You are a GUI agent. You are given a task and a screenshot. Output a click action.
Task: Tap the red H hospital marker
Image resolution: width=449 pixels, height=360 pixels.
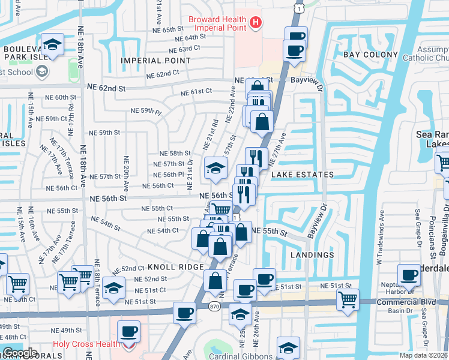pyautogui.click(x=256, y=23)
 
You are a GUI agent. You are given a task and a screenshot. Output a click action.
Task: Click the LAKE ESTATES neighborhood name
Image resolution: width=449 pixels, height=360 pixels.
pyautogui.click(x=302, y=175)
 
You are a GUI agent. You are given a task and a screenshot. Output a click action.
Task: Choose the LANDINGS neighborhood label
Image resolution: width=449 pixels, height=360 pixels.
pyautogui.click(x=312, y=255)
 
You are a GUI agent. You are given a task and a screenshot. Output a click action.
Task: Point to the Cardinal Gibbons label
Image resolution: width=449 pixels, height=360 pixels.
pyautogui.click(x=240, y=356)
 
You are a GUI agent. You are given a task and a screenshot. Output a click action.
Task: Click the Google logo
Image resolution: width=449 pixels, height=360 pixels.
pyautogui.click(x=20, y=353)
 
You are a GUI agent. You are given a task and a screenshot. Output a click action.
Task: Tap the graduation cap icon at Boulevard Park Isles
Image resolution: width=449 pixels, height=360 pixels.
pyautogui.click(x=53, y=45)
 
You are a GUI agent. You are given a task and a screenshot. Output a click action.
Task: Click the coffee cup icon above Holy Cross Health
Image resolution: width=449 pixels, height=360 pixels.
pyautogui.click(x=128, y=331)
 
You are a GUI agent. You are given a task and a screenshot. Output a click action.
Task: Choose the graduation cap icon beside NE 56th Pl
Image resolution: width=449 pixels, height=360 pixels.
pyautogui.click(x=215, y=168)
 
